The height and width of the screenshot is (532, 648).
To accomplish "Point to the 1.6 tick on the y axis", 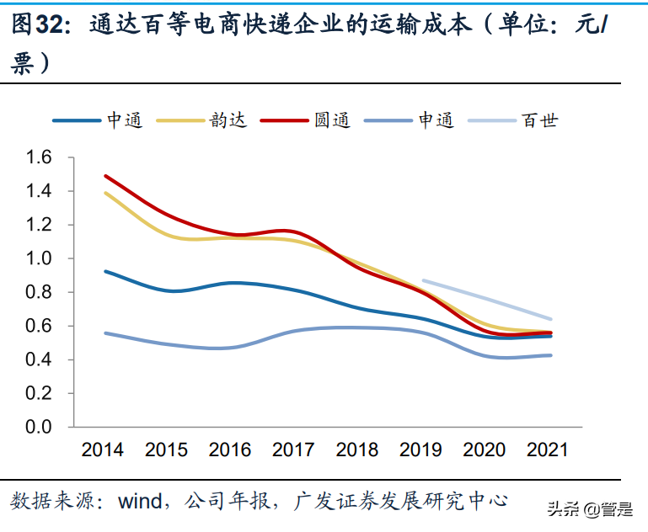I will pyautogui.click(x=40, y=157).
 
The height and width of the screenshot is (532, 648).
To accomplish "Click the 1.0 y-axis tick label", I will pyautogui.click(x=40, y=258).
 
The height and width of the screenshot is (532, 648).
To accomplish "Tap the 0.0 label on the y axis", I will pyautogui.click(x=40, y=427).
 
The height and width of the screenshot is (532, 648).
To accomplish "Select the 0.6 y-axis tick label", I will pyautogui.click(x=40, y=326).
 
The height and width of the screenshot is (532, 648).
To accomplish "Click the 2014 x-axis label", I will pyautogui.click(x=103, y=450).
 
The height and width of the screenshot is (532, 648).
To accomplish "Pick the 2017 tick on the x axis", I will pyautogui.click(x=293, y=450).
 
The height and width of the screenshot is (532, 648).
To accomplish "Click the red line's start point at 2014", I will pyautogui.click(x=105, y=176).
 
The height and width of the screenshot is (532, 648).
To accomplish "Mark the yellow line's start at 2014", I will pyautogui.click(x=105, y=193).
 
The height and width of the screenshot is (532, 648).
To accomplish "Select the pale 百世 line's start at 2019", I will pyautogui.click(x=423, y=280).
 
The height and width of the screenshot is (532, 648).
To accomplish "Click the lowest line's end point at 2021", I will pyautogui.click(x=550, y=355).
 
